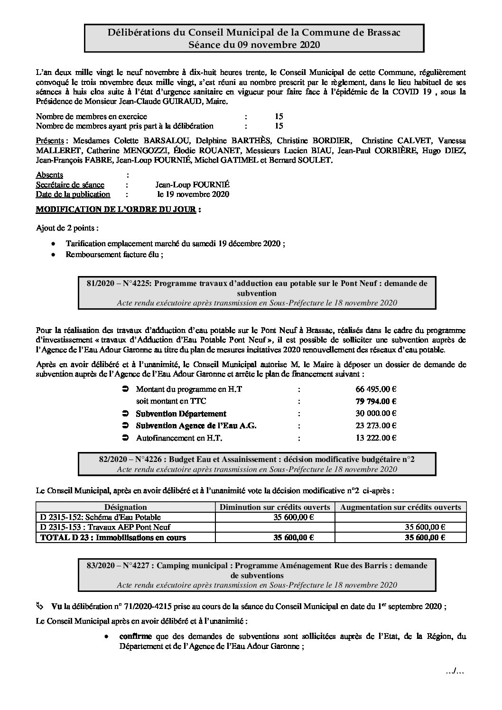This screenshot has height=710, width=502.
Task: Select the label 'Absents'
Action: pos(49,175)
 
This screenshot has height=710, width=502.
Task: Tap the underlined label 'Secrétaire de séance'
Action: pos(70,184)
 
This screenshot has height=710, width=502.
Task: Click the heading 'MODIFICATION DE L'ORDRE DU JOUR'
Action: pos(116,209)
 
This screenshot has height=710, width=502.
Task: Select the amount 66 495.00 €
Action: pos(376,389)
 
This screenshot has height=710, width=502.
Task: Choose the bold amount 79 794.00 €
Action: pos(376,401)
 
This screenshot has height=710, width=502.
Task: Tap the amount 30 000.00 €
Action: pos(376,414)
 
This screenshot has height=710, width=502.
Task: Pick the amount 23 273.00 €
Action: pos(376,426)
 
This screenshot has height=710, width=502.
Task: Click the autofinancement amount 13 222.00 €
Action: pos(376,438)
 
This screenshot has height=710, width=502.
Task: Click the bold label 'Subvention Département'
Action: pos(181,414)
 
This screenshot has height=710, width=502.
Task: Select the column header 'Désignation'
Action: pos(125,507)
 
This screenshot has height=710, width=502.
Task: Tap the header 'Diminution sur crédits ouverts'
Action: pos(275,507)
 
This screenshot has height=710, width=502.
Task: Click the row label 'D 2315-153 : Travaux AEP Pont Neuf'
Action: pos(106,527)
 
